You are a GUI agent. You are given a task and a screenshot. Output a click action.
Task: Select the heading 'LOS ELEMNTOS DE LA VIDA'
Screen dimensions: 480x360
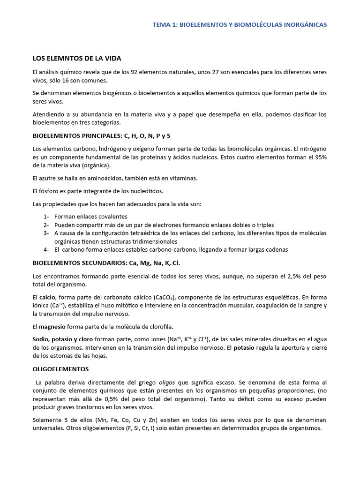point(76,59)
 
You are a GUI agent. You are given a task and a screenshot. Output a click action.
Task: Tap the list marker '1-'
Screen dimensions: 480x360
point(46,217)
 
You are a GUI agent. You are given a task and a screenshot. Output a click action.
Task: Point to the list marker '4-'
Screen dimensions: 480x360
point(46,249)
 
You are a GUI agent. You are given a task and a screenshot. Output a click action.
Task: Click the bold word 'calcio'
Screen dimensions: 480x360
point(47,297)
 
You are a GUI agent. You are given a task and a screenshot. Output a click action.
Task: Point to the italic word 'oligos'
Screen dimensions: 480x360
point(167,382)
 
